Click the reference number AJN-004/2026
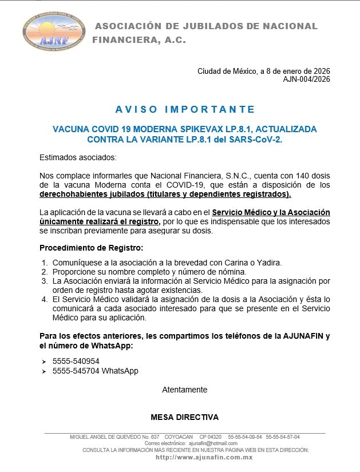306,80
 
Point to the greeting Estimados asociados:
77,157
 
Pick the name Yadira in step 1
270,263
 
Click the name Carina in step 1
231,263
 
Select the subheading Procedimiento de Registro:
91,248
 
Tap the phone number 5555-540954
76,361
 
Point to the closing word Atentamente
184,390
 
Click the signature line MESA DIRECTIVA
184,417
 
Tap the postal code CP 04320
211,437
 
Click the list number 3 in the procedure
44,281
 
